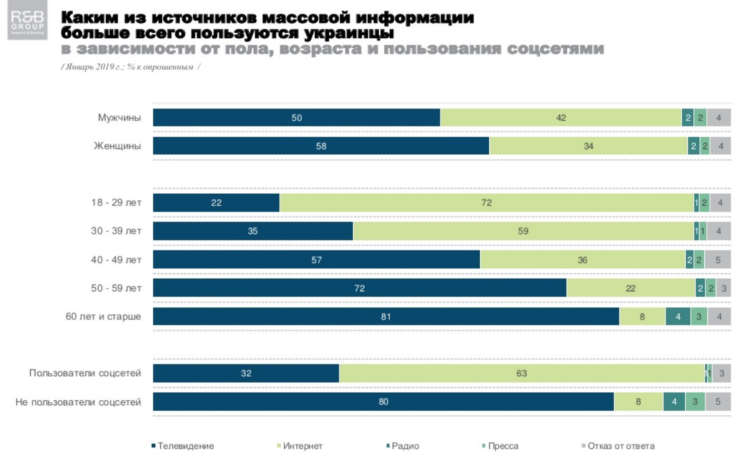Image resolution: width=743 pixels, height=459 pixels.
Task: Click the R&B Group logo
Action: click(28, 20)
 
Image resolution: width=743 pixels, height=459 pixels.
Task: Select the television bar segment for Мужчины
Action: click(296, 118)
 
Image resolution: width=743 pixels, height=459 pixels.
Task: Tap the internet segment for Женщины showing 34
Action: click(588, 146)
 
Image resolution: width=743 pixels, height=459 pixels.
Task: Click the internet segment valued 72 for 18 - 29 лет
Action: click(486, 203)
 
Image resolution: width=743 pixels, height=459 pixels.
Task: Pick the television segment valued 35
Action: click(253, 231)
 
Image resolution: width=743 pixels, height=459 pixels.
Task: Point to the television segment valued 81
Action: click(386, 316)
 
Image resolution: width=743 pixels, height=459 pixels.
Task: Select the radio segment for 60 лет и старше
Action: click(678, 316)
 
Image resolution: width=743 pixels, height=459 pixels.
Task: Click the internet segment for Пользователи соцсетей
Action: click(521, 373)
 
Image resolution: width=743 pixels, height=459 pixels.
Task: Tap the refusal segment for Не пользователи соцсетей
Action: click(718, 402)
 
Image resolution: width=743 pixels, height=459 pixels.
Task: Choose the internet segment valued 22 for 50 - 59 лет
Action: click(630, 288)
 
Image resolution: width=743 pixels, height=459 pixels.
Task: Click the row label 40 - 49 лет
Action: click(116, 260)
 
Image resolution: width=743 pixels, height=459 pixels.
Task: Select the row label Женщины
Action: click(118, 146)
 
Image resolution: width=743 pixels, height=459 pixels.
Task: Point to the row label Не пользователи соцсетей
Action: click(78, 402)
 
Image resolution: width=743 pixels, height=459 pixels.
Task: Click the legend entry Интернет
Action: click(302, 446)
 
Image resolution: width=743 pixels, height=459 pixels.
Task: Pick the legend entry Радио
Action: click(404, 446)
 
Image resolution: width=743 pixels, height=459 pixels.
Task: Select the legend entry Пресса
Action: click(502, 446)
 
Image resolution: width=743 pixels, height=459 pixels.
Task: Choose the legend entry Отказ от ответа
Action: click(620, 446)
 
